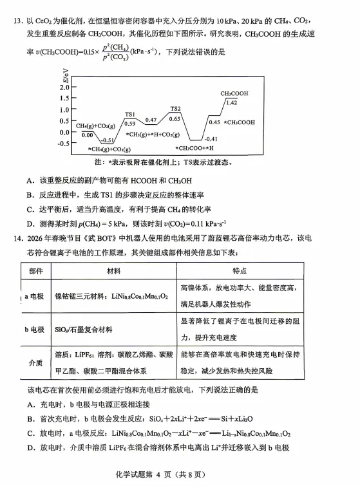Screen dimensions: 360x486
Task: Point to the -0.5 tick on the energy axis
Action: pyautogui.click(x=62, y=144)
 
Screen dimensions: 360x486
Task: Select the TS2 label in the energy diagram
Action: pyautogui.click(x=175, y=109)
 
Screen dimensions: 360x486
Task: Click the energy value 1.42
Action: pyautogui.click(x=232, y=102)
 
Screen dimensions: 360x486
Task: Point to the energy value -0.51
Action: pyautogui.click(x=108, y=140)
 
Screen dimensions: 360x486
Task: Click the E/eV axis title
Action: pyautogui.click(x=64, y=80)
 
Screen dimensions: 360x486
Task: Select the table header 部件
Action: pyautogui.click(x=36, y=271)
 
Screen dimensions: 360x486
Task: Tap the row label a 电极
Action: pyautogui.click(x=35, y=296)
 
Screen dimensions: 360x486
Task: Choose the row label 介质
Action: pyautogui.click(x=36, y=363)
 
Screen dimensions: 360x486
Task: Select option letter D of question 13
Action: pyautogui.click(x=30, y=223)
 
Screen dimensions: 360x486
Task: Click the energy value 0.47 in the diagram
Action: pyautogui.click(x=151, y=120)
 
